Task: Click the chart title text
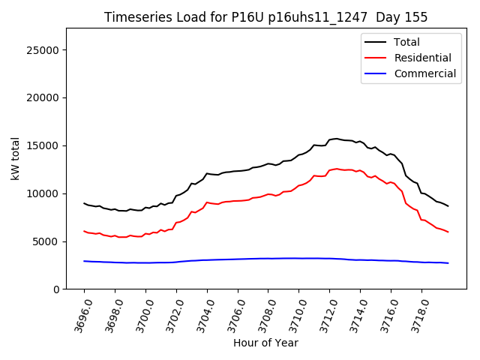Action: [x=277, y=17]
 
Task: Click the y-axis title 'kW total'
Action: [x=16, y=159]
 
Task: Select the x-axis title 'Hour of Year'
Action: [x=265, y=343]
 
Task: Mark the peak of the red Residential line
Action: [x=337, y=169]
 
